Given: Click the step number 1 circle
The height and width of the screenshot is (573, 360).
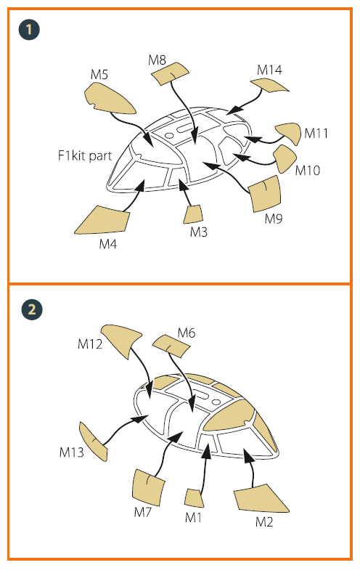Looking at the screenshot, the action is click(x=29, y=30).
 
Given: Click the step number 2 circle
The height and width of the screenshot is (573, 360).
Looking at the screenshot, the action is click(x=32, y=309).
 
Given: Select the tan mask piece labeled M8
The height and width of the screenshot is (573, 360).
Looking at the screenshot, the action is click(x=170, y=73).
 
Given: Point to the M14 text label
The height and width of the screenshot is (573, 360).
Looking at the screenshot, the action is click(x=269, y=70).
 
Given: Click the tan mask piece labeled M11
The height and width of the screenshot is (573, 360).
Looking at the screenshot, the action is click(x=289, y=133).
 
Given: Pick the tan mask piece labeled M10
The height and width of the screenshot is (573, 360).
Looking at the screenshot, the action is click(x=284, y=158).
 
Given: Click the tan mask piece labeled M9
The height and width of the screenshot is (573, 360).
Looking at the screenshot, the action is click(x=265, y=194).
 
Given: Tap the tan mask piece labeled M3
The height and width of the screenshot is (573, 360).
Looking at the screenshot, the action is click(x=193, y=214).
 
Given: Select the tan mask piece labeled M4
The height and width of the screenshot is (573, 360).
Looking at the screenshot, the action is click(x=103, y=219).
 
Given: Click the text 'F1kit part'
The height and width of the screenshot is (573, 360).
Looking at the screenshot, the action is click(x=85, y=155).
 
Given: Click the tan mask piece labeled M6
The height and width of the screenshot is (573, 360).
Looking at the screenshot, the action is click(x=171, y=346).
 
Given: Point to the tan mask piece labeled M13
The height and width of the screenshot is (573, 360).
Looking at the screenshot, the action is click(x=94, y=442).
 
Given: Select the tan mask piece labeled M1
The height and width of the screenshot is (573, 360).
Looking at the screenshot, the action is click(x=195, y=498).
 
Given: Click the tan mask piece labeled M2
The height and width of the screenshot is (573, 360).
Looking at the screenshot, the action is click(x=261, y=499).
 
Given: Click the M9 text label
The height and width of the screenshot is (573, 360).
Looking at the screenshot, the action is click(x=274, y=219).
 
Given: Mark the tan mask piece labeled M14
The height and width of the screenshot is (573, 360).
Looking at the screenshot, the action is click(x=269, y=85).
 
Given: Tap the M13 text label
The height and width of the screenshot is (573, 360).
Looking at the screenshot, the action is click(x=72, y=452).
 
